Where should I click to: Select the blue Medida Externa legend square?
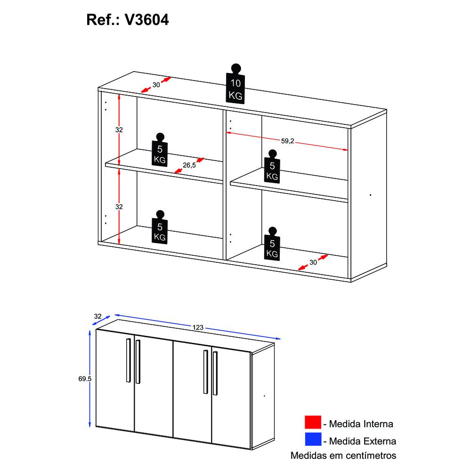coord(313,441)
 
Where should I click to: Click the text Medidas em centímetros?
coord(343,456)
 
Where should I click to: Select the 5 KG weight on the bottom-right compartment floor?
coord(272,244)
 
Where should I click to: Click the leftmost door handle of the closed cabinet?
coord(128,360)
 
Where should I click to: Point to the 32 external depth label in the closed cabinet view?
coord(98,317)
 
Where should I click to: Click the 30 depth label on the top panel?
coord(156,85)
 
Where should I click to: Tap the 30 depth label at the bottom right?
coord(314,263)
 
